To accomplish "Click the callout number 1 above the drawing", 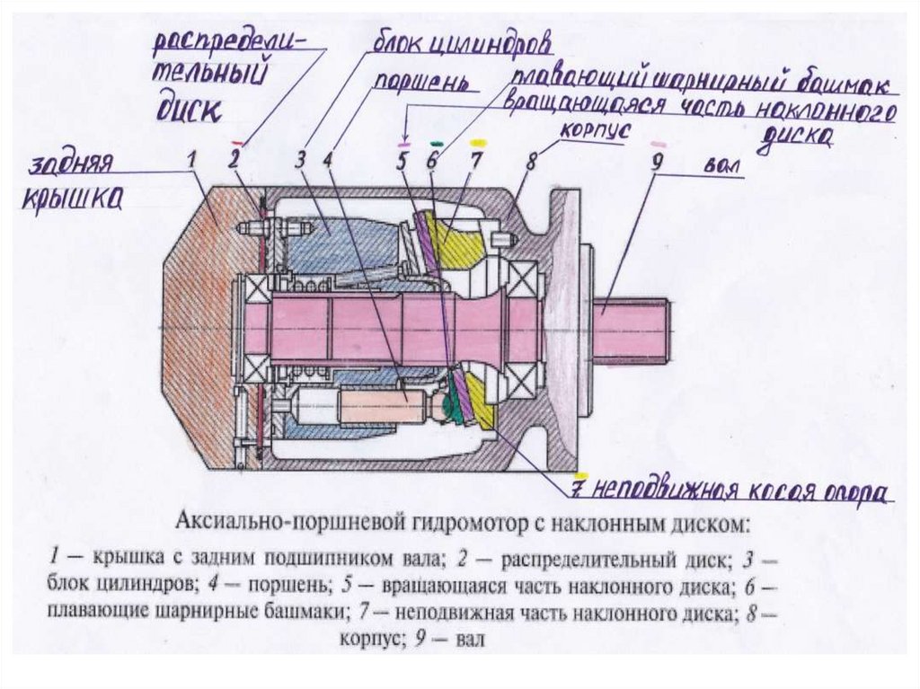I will [192, 160].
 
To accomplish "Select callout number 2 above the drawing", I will [234, 161].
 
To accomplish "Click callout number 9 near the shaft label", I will [656, 163].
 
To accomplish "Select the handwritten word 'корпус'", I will [592, 132].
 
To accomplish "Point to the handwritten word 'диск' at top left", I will [189, 109].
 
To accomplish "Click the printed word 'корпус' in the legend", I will [367, 640].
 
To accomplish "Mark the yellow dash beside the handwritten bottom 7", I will [582, 474].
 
